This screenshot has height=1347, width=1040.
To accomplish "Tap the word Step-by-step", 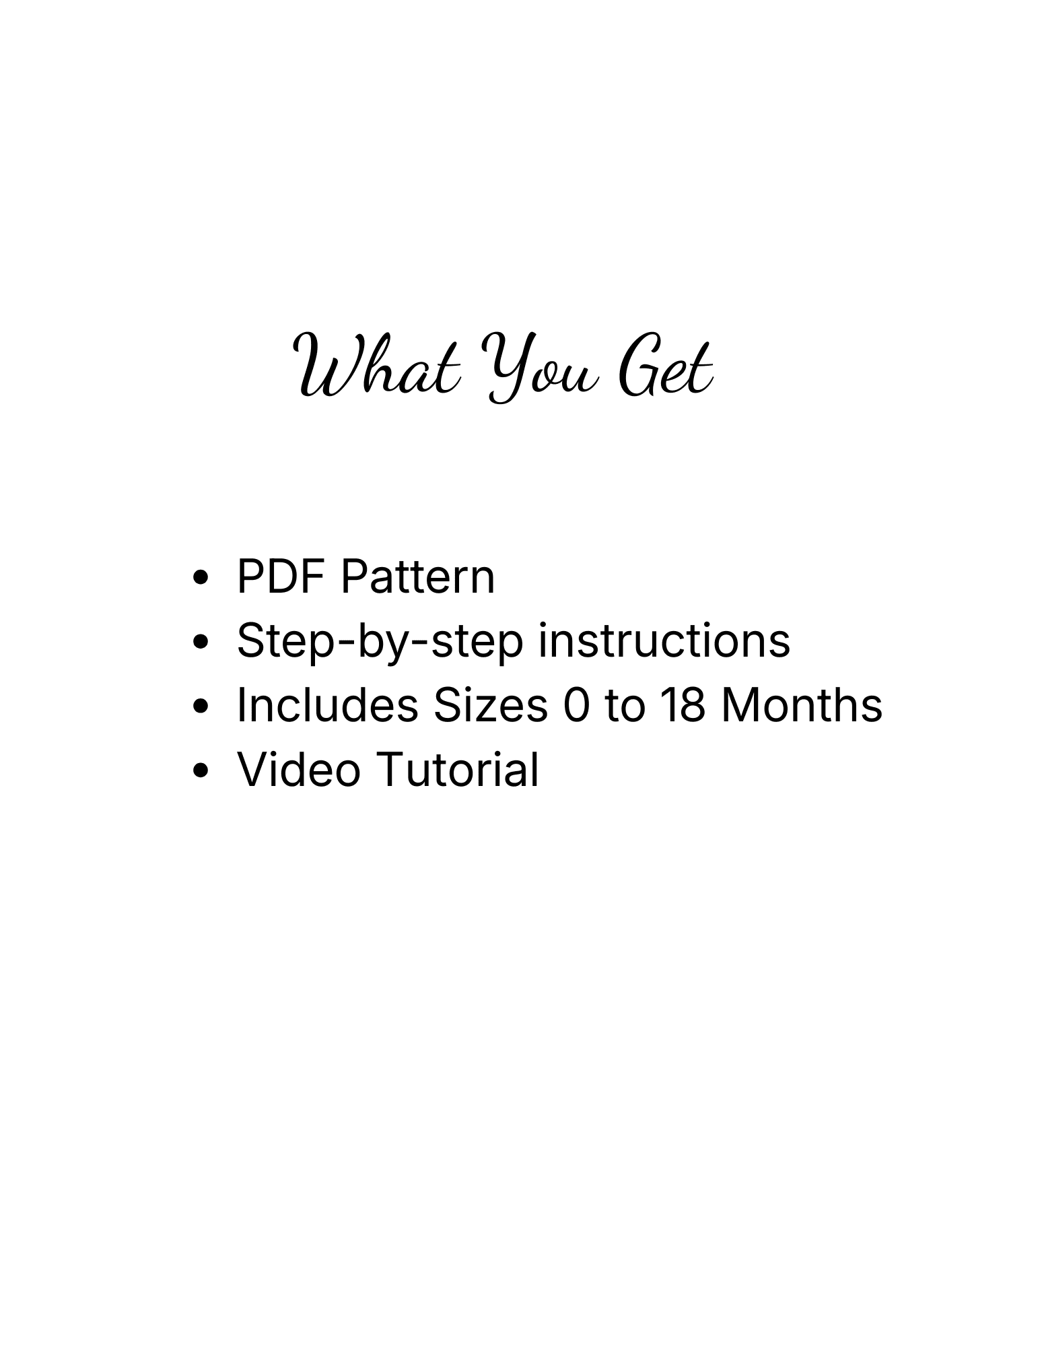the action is click(380, 642).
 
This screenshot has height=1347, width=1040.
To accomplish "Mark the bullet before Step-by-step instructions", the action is click(199, 643).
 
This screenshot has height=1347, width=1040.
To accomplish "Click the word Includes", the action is click(327, 705).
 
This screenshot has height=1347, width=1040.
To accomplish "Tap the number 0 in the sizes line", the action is click(576, 706).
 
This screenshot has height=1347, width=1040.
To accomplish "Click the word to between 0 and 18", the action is click(625, 707).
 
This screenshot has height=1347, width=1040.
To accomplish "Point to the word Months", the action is click(802, 705).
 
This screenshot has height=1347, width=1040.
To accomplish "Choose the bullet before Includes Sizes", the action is click(199, 707).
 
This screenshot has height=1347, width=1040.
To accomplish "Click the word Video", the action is click(299, 769).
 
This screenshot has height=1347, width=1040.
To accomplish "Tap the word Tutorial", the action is click(457, 769).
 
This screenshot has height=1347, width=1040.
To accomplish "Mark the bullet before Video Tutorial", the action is click(199, 770).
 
